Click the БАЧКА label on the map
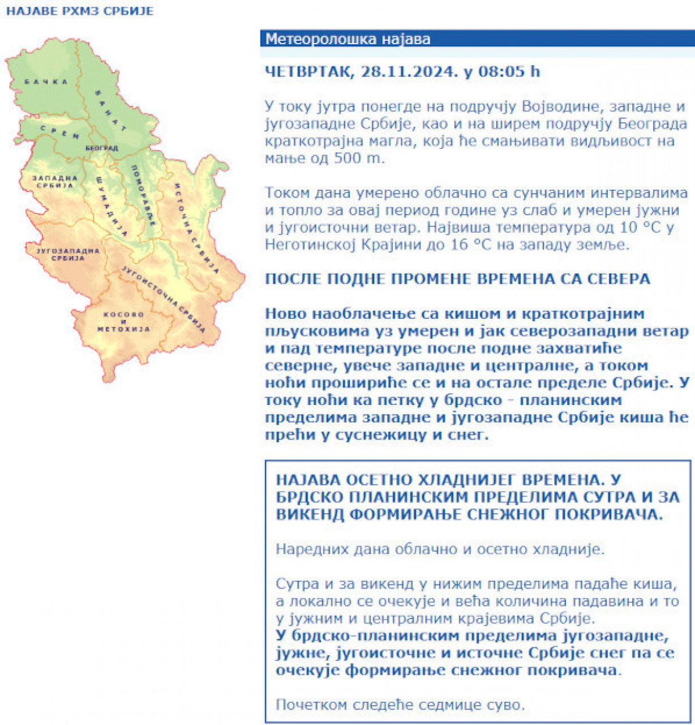pyautogui.click(x=46, y=82)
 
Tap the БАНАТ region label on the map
pyautogui.click(x=111, y=110)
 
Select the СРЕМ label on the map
pyautogui.click(x=60, y=133)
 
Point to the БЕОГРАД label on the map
pyautogui.click(x=102, y=148)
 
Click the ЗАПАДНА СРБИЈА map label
pyautogui.click(x=55, y=182)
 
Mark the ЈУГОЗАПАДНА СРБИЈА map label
pyautogui.click(x=67, y=254)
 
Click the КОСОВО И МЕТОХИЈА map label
pyautogui.click(x=123, y=322)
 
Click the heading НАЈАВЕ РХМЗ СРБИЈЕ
pyautogui.click(x=80, y=11)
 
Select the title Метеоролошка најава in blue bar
pyautogui.click(x=348, y=39)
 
